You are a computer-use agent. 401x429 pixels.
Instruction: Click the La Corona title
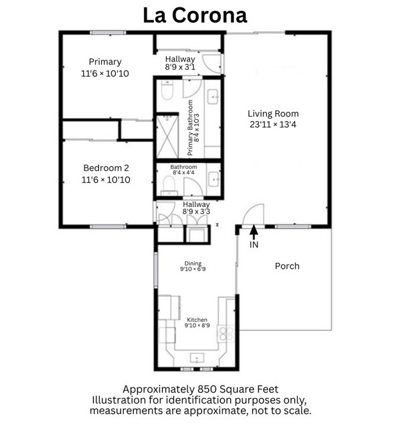pyautogui.click(x=195, y=15)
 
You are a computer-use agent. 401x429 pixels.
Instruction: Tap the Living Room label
pyautogui.click(x=273, y=113)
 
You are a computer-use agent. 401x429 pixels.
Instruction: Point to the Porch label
pyautogui.click(x=287, y=266)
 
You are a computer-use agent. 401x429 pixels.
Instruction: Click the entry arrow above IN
pyautogui.click(x=254, y=233)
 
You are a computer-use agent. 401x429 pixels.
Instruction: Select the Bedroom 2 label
pyautogui.click(x=106, y=168)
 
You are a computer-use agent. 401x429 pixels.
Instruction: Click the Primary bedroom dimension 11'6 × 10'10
pyautogui.click(x=105, y=73)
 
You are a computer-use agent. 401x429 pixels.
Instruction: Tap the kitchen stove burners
pyautogui.click(x=226, y=334)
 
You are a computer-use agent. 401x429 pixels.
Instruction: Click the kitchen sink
pyautogui.click(x=197, y=358)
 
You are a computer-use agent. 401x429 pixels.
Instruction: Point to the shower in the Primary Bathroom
pyautogui.click(x=167, y=137)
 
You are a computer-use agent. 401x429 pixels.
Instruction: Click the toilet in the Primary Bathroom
pyautogui.click(x=167, y=90)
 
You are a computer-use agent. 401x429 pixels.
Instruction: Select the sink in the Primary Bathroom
pyautogui.click(x=213, y=97)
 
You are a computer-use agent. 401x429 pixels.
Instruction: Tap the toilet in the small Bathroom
pyautogui.click(x=169, y=186)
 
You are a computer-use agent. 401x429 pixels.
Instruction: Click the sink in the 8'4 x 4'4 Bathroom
pyautogui.click(x=214, y=179)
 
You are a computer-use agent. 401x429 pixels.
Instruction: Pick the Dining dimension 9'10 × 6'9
pyautogui.click(x=193, y=269)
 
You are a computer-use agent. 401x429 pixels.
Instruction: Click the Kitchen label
pyautogui.click(x=197, y=320)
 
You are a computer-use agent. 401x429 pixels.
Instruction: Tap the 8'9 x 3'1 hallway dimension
pyautogui.click(x=180, y=67)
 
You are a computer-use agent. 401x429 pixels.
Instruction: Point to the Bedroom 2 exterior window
pyautogui.click(x=108, y=227)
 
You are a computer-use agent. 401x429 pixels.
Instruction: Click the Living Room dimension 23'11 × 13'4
pyautogui.click(x=273, y=125)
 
